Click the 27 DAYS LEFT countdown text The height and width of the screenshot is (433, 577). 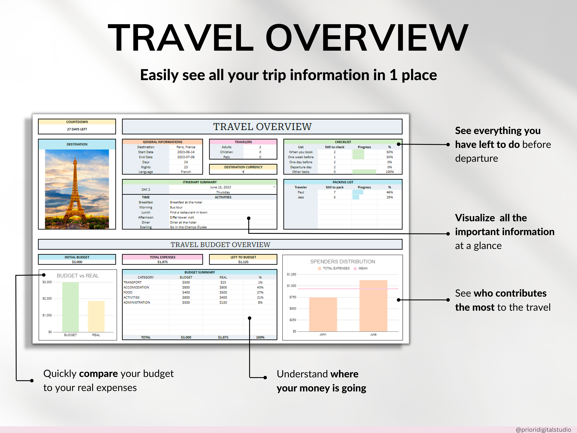(x=77, y=129)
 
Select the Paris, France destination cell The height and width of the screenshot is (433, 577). (x=186, y=147)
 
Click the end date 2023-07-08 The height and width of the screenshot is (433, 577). (x=186, y=157)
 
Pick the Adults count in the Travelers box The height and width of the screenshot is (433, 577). (x=260, y=147)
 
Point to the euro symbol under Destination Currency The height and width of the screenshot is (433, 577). (x=243, y=172)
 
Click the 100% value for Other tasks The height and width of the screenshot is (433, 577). (x=389, y=172)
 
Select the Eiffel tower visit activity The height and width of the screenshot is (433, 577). (x=182, y=217)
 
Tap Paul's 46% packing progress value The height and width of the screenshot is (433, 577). (x=389, y=192)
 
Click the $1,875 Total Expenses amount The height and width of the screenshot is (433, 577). (x=162, y=262)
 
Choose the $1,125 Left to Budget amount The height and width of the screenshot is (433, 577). (x=243, y=262)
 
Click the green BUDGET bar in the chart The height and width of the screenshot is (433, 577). (x=71, y=307)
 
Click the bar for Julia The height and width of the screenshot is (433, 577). (x=373, y=305)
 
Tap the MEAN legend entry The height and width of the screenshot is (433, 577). (x=363, y=268)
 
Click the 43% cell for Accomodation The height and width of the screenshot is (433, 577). (x=260, y=287)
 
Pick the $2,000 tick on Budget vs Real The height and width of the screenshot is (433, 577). (x=47, y=299)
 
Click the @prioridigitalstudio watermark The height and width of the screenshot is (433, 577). (x=543, y=429)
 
